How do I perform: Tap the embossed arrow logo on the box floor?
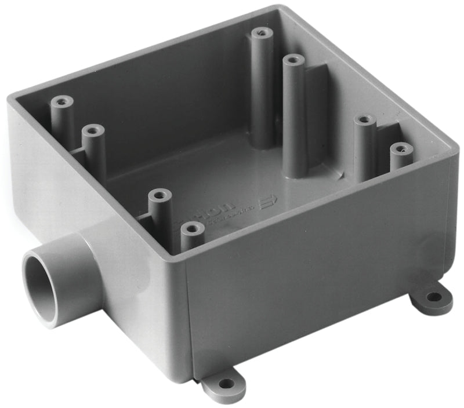coord(269,202)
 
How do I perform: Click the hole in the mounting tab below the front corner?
coord(225,383)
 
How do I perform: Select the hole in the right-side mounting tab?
coord(434,297)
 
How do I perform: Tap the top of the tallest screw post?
coord(293,60)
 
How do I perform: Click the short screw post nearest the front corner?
coord(192,230)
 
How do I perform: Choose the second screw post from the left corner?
coord(93,131)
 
